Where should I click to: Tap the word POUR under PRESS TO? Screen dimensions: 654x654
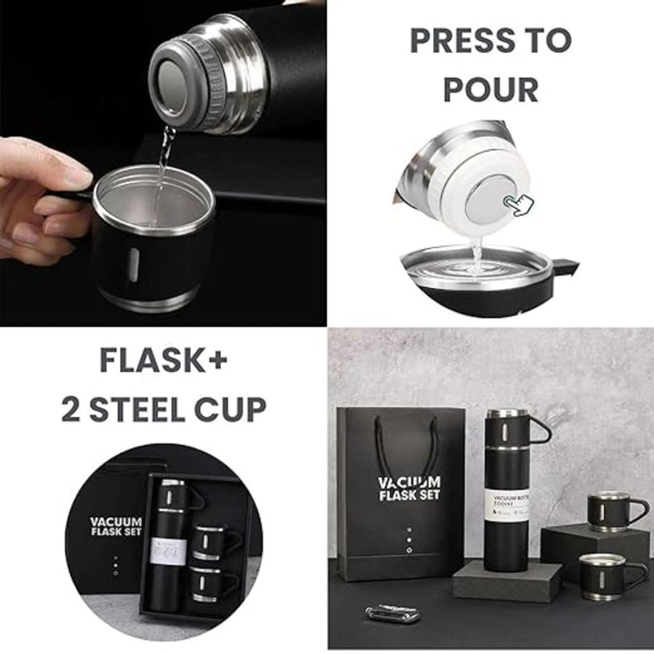pos(490,90)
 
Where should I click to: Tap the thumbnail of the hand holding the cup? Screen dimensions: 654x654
pos(163,163)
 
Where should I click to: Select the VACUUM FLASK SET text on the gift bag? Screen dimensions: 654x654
pos(409,489)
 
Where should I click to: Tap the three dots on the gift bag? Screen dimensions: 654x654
pos(409,537)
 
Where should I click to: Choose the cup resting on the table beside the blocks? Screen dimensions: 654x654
pos(604,575)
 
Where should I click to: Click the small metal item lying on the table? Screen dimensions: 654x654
pos(393,614)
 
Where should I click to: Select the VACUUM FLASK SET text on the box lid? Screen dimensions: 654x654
pos(115,527)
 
